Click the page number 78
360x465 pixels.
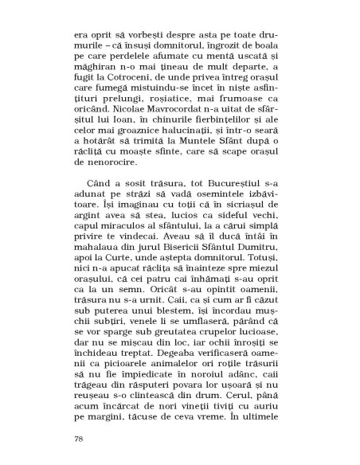click(x=77, y=438)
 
